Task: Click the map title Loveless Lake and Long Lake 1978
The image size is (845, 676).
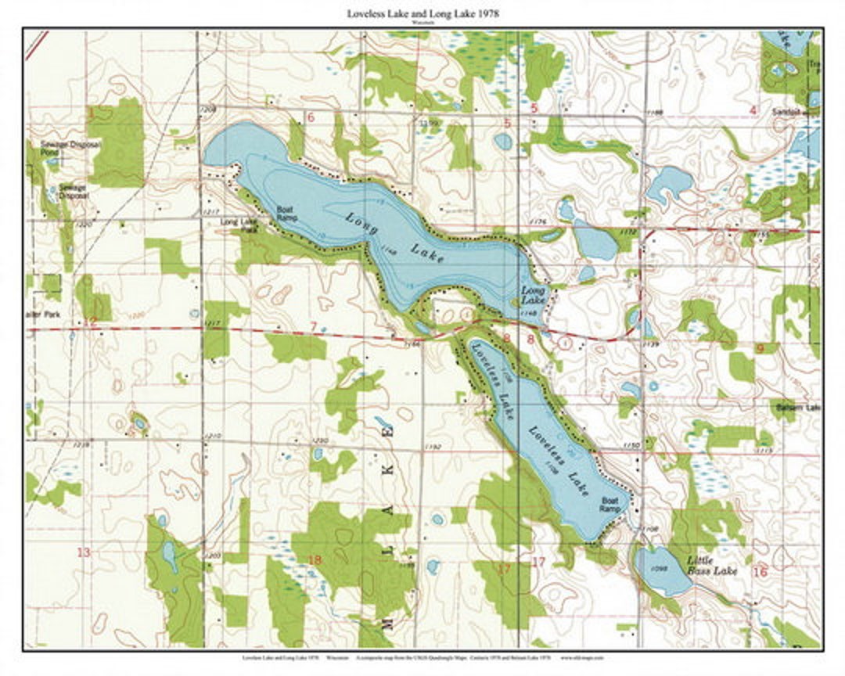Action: click(423, 14)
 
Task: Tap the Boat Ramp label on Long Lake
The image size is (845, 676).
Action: click(286, 214)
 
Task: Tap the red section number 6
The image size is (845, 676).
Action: click(311, 117)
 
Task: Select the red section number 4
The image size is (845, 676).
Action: click(753, 110)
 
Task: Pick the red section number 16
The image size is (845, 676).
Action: click(759, 572)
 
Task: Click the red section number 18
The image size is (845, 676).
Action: click(315, 559)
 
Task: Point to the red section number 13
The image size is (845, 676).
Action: click(83, 552)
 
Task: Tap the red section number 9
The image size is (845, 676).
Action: click(760, 348)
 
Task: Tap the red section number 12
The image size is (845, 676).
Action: click(92, 320)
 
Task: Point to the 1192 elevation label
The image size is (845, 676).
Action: click(434, 448)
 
